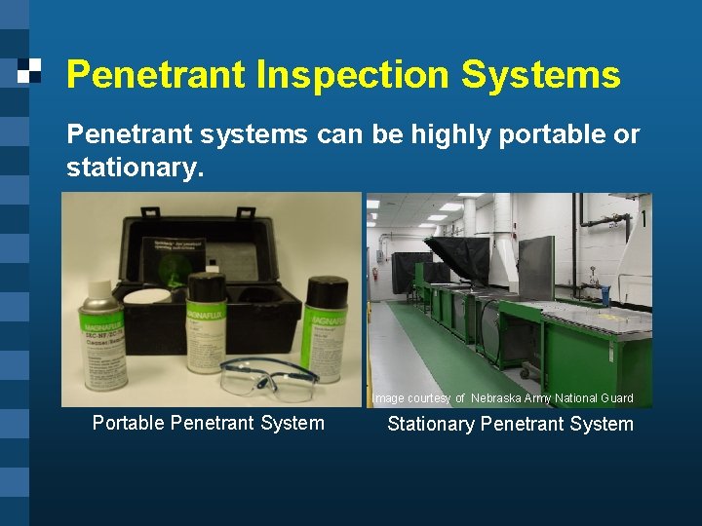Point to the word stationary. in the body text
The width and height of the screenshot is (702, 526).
135,168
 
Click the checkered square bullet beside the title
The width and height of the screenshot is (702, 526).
30,69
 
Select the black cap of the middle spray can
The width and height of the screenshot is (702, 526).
206,282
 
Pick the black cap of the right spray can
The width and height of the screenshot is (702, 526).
327,287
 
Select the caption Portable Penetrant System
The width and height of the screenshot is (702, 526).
208,423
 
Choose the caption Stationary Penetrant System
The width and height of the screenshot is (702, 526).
510,424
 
